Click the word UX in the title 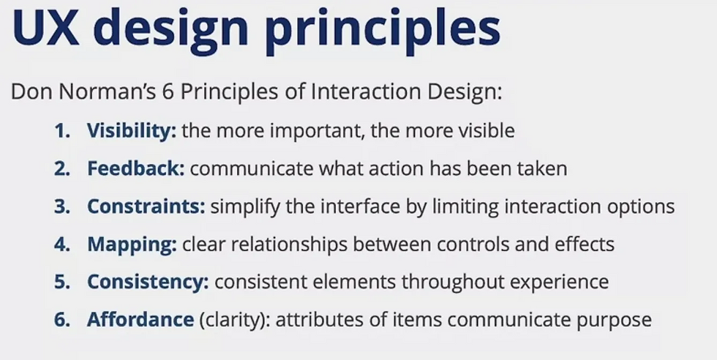[45, 28]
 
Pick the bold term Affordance [140, 319]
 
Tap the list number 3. [62, 207]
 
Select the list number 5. [62, 282]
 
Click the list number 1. [62, 132]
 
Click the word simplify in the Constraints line [245, 208]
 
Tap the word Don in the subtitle [32, 92]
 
